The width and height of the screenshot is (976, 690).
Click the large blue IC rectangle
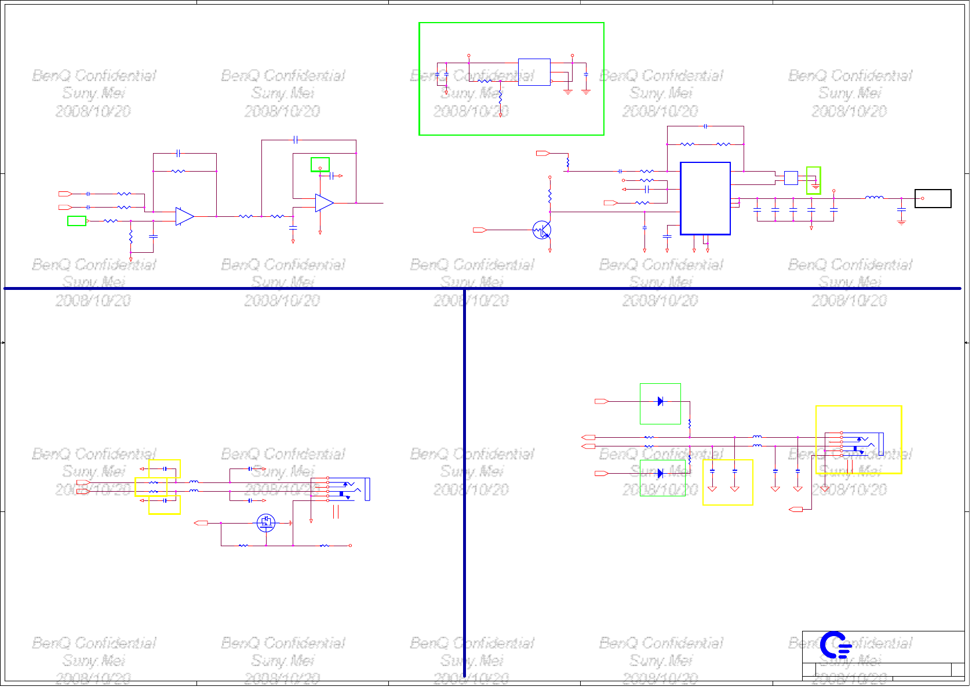tap(705, 198)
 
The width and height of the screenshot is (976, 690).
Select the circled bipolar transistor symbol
tap(542, 230)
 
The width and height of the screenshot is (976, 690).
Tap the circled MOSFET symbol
tap(266, 523)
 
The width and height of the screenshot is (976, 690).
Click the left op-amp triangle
tap(184, 216)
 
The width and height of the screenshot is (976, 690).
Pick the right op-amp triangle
tap(324, 203)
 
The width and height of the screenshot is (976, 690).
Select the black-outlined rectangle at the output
tap(933, 198)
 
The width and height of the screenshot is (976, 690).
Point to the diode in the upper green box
tap(660, 401)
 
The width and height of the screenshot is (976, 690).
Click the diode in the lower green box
tap(660, 474)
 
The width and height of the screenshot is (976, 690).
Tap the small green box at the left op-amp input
tap(77, 221)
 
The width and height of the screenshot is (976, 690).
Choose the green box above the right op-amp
tap(320, 165)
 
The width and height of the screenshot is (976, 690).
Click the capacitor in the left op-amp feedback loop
tap(179, 154)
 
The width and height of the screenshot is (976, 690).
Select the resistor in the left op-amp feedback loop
tap(179, 172)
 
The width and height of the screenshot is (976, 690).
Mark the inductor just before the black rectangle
tap(874, 198)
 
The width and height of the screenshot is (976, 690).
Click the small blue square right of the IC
tap(791, 177)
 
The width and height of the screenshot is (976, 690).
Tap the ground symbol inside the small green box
tap(815, 187)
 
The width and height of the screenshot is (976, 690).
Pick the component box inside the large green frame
tap(534, 72)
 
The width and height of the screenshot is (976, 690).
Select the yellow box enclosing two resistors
tap(151, 487)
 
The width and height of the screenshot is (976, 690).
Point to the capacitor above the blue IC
tap(705, 126)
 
